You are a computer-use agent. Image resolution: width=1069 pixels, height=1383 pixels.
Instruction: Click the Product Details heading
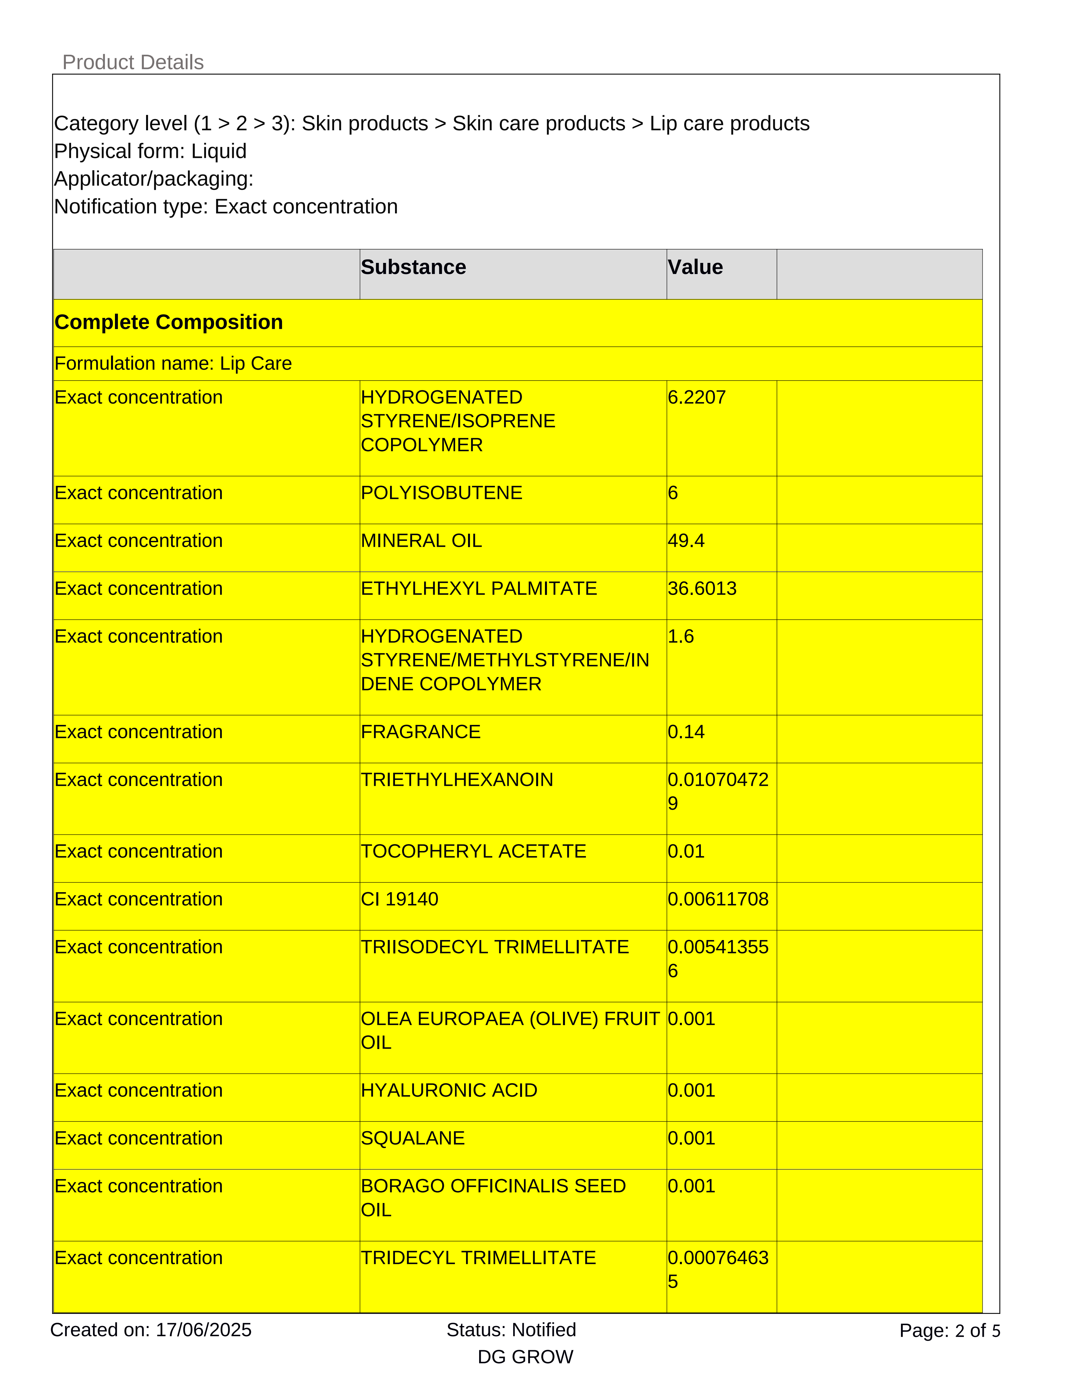[133, 62]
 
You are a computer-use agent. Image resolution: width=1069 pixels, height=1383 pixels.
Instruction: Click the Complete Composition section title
[168, 322]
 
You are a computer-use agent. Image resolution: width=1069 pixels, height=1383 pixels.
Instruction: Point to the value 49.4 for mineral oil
[686, 541]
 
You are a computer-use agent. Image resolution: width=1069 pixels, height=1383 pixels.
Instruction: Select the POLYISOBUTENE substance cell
[441, 493]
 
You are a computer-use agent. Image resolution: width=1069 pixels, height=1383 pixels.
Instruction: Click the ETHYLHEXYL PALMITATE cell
[479, 588]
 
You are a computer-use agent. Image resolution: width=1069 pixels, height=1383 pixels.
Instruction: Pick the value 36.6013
[702, 588]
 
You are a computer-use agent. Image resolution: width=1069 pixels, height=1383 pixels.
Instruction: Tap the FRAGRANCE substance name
[421, 732]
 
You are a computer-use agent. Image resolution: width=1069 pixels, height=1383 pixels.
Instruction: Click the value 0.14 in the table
[686, 732]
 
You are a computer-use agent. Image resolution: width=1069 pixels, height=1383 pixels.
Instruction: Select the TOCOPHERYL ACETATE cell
[473, 851]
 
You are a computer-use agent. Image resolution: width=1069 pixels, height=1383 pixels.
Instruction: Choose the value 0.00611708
[718, 899]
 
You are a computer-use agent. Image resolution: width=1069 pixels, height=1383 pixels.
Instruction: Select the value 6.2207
[697, 397]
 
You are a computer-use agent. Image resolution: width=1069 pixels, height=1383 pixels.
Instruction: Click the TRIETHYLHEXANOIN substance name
[457, 780]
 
